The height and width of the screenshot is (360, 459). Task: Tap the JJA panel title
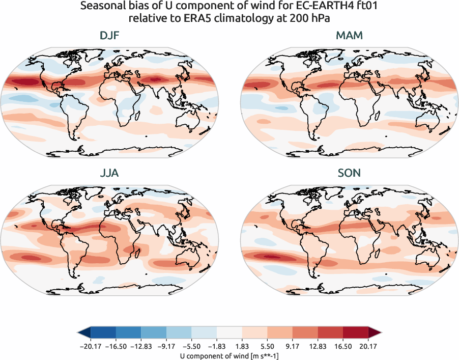[x=109, y=173]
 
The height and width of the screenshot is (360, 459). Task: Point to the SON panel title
[x=349, y=173]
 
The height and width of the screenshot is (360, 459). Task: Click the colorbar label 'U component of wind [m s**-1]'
[x=230, y=355]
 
